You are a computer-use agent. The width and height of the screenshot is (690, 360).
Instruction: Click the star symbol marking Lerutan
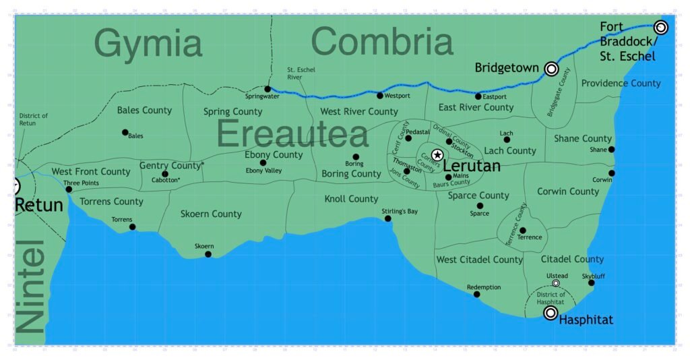click(437, 155)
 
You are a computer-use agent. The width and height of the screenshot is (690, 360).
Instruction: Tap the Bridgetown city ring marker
click(551, 68)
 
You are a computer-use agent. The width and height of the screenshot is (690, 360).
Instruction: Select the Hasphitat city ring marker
click(551, 313)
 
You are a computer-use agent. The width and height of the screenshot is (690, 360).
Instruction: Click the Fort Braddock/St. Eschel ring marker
click(661, 27)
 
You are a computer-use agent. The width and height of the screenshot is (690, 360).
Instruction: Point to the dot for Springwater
click(268, 89)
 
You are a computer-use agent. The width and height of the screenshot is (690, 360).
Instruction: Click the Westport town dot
click(380, 96)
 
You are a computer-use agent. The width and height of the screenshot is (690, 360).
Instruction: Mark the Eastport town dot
click(478, 96)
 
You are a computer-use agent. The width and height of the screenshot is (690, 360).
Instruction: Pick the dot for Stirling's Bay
click(388, 218)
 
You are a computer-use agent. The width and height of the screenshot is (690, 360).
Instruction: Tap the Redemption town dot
click(477, 294)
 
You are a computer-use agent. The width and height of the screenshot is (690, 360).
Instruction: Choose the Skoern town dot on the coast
click(208, 254)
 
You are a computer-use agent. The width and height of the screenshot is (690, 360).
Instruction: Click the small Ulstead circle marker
click(556, 283)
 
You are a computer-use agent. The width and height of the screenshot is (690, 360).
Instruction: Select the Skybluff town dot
click(592, 282)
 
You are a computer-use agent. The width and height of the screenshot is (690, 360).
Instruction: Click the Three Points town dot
click(69, 189)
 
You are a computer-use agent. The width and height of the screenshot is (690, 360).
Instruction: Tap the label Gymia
click(148, 43)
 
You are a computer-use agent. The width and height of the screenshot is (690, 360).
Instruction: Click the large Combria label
click(382, 42)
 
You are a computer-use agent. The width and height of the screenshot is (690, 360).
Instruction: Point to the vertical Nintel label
click(30, 286)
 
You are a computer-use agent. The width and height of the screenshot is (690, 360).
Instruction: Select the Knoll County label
click(351, 199)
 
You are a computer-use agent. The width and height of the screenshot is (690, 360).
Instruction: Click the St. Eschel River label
click(301, 73)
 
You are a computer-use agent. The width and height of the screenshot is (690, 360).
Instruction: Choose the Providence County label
click(621, 84)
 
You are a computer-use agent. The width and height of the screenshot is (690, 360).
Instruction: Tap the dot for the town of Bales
click(125, 132)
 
